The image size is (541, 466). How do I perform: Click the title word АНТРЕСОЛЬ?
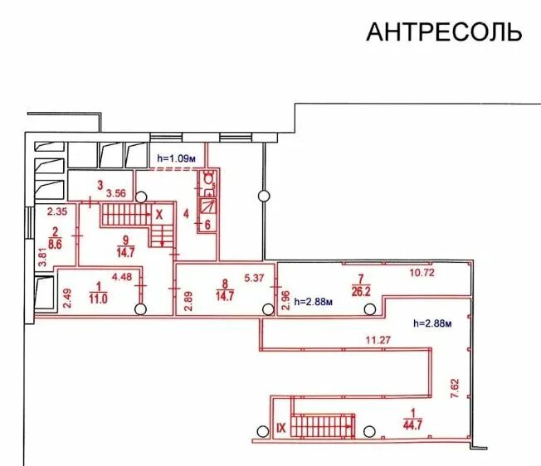[x=444, y=32]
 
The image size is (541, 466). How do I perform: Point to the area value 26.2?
[x=360, y=291]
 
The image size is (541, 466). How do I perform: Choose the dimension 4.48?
[x=122, y=277]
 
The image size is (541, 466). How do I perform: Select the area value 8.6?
[x=55, y=245]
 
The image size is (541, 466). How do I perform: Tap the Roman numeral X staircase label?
[x=159, y=212]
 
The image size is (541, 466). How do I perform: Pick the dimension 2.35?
[x=56, y=211]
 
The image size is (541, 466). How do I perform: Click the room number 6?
[x=207, y=224]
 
